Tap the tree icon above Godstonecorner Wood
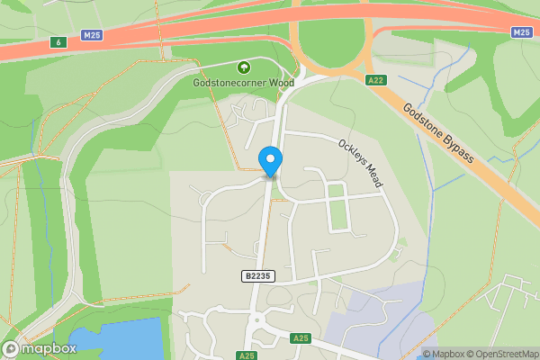(243, 67)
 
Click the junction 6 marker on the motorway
(58, 41)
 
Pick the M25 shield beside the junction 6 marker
(90, 35)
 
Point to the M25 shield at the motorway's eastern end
(522, 31)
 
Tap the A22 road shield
(376, 80)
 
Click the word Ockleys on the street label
(352, 152)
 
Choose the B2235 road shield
(256, 275)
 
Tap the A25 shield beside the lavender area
(301, 337)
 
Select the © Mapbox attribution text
(444, 354)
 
